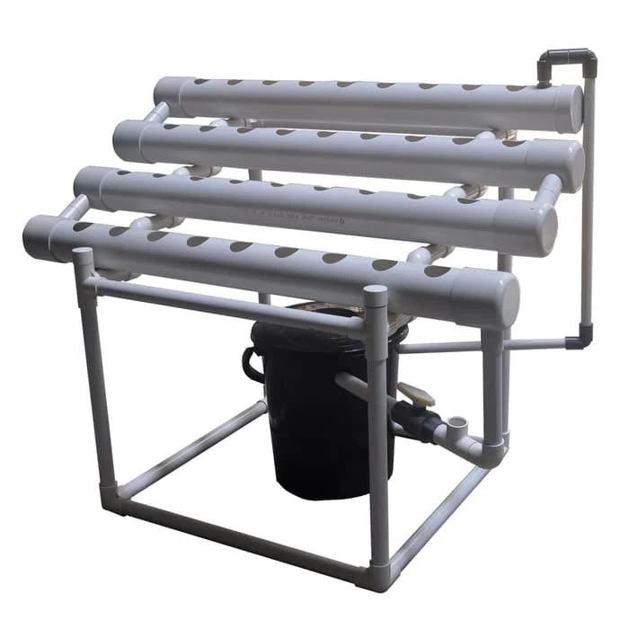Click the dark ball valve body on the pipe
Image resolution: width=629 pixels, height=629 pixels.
(422, 422)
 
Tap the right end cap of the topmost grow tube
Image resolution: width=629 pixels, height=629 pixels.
(568, 109)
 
